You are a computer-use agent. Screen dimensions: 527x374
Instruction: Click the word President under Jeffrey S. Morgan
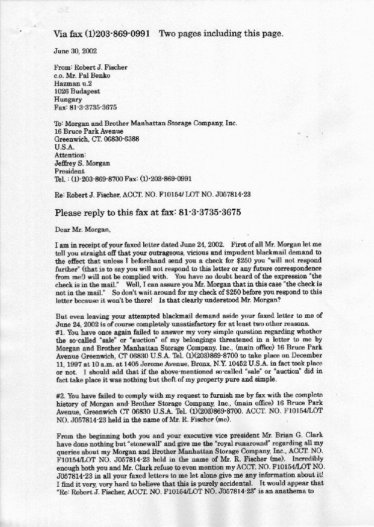coord(69,171)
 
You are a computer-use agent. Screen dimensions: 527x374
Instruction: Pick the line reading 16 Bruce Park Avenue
coord(88,131)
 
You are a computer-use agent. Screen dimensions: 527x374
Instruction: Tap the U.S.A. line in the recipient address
coord(64,147)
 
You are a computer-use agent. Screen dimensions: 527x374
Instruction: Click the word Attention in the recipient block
coord(70,155)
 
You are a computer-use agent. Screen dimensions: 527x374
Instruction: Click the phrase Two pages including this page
coord(221,34)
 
